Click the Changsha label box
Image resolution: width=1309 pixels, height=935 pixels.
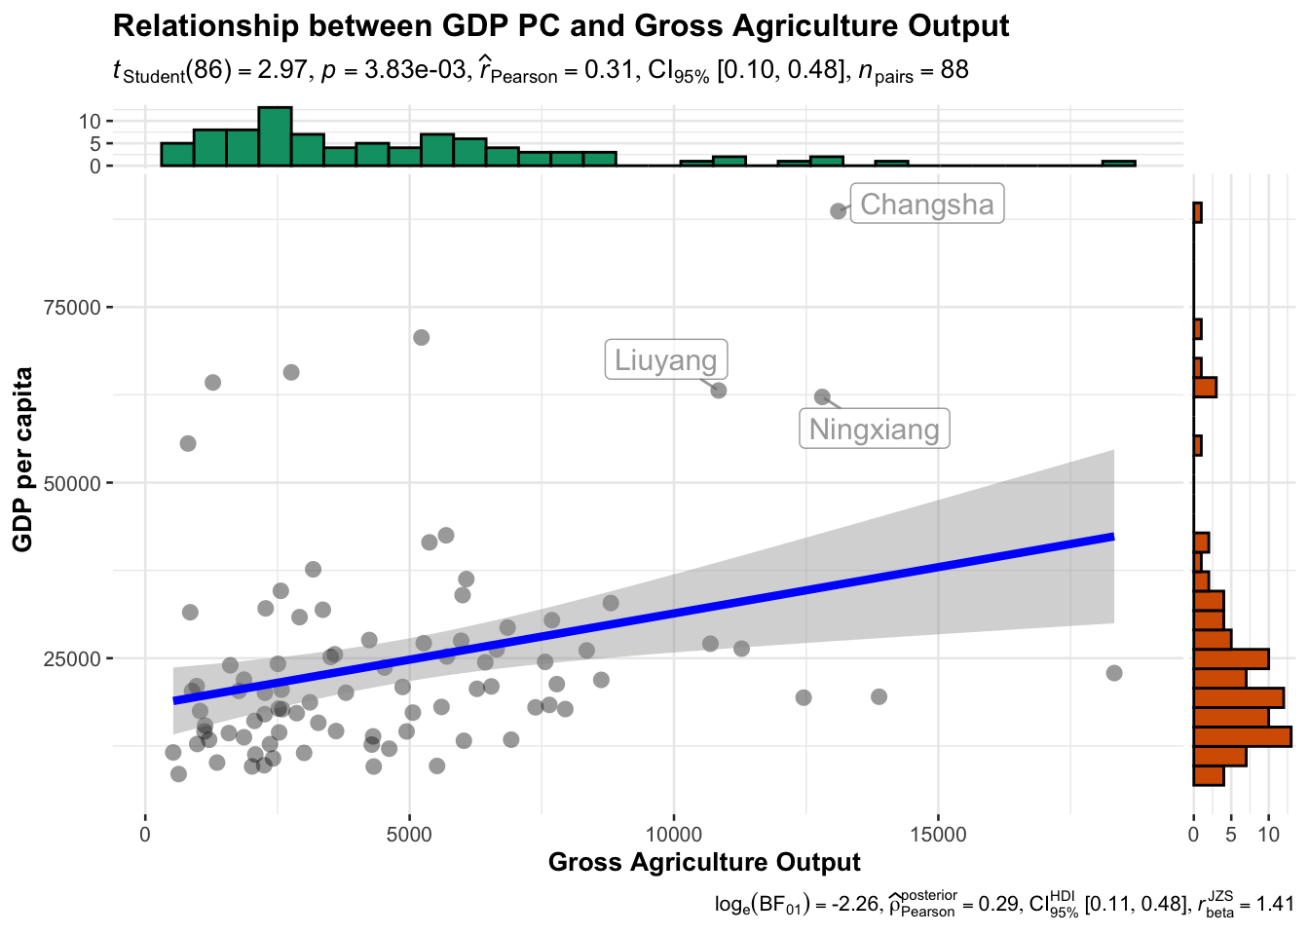click(926, 204)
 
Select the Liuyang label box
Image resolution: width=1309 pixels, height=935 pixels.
click(666, 359)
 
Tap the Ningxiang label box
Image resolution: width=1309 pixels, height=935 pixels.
click(875, 429)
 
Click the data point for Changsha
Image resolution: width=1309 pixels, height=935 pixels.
click(838, 210)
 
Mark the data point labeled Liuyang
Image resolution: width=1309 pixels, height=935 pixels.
click(719, 391)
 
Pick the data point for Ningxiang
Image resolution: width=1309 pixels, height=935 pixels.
click(822, 396)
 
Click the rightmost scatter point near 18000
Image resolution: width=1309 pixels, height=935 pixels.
click(1114, 673)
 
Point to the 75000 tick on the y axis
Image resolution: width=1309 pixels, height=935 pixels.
click(74, 308)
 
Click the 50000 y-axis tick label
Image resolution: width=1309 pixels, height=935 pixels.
click(74, 483)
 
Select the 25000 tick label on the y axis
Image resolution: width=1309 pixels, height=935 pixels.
click(74, 658)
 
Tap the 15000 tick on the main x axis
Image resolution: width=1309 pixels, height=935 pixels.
click(938, 835)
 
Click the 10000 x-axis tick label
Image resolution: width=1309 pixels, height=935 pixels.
click(673, 835)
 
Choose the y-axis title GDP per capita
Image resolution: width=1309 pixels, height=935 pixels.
click(23, 459)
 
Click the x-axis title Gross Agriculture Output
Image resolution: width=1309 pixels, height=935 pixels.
click(704, 862)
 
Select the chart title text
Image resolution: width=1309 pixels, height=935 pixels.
click(561, 25)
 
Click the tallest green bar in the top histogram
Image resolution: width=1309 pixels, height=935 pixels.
click(275, 136)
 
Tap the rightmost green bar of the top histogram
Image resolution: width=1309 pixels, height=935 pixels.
click(1118, 164)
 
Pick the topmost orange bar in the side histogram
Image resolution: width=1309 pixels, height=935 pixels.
click(1197, 212)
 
